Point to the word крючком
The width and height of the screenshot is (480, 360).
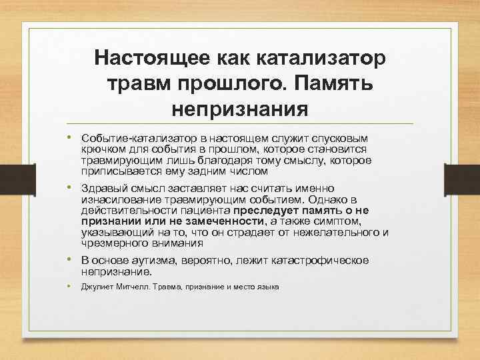pos(101,149)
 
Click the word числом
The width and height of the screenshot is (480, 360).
pos(236,171)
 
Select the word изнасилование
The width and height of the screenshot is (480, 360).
pos(123,200)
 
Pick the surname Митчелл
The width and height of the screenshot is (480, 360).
pos(132,287)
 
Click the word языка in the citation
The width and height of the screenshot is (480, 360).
pos(267,287)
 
